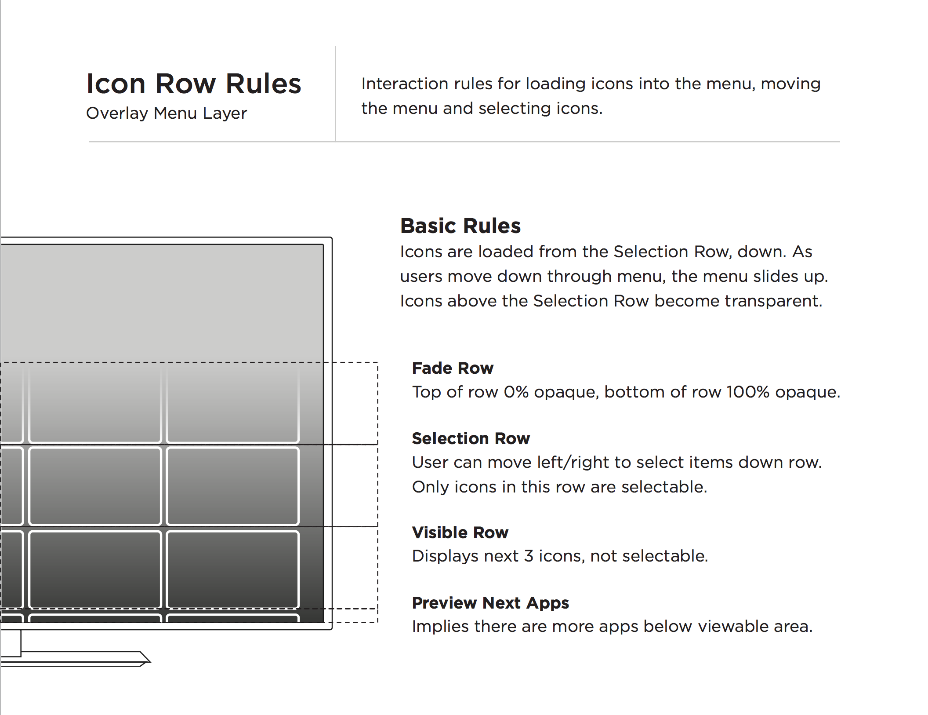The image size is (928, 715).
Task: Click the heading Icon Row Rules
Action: [194, 84]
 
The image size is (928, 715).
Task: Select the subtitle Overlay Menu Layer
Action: [167, 113]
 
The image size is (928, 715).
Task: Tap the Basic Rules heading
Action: [460, 226]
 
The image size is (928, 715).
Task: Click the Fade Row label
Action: [453, 368]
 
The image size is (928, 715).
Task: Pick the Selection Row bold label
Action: [471, 438]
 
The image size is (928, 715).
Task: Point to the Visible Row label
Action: [460, 533]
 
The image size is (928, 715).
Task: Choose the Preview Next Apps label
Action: [490, 603]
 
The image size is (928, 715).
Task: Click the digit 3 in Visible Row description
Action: [529, 556]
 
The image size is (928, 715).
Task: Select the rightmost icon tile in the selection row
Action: [233, 486]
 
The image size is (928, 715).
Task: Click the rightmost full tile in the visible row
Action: [233, 569]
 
